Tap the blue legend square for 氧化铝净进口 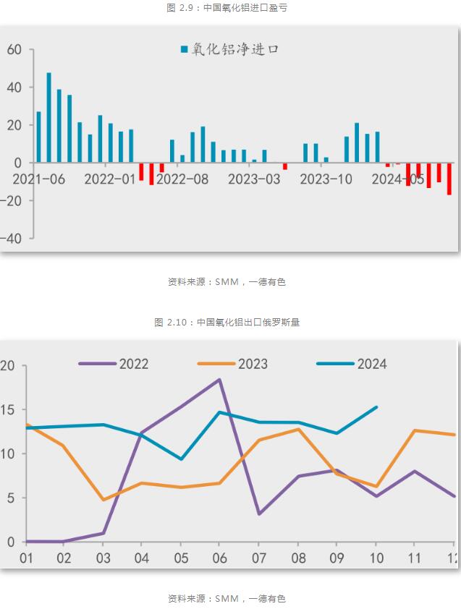[x=185, y=49]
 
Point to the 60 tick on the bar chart [x=15, y=50]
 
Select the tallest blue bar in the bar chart [x=49, y=117]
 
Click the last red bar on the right [x=449, y=179]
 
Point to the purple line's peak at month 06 [x=219, y=379]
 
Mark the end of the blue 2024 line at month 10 [x=376, y=406]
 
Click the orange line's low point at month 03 [x=103, y=500]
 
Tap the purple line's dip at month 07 [x=259, y=514]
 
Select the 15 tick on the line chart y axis [x=7, y=409]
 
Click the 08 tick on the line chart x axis [x=297, y=558]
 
